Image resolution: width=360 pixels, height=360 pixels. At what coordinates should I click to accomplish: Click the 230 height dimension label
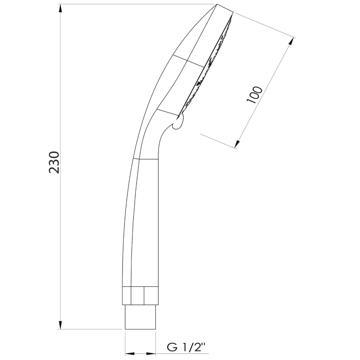point(54,162)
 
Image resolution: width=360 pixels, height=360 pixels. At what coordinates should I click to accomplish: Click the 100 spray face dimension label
point(254,95)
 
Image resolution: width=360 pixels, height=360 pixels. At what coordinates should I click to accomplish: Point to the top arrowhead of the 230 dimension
point(60,9)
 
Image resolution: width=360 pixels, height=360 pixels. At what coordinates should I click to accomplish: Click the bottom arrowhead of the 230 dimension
point(60,324)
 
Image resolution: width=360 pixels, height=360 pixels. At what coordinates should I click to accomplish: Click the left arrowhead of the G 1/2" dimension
point(129,354)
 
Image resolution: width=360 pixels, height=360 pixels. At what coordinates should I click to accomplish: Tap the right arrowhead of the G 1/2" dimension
point(151,354)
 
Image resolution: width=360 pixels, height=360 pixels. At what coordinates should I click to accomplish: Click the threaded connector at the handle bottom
point(140,317)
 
